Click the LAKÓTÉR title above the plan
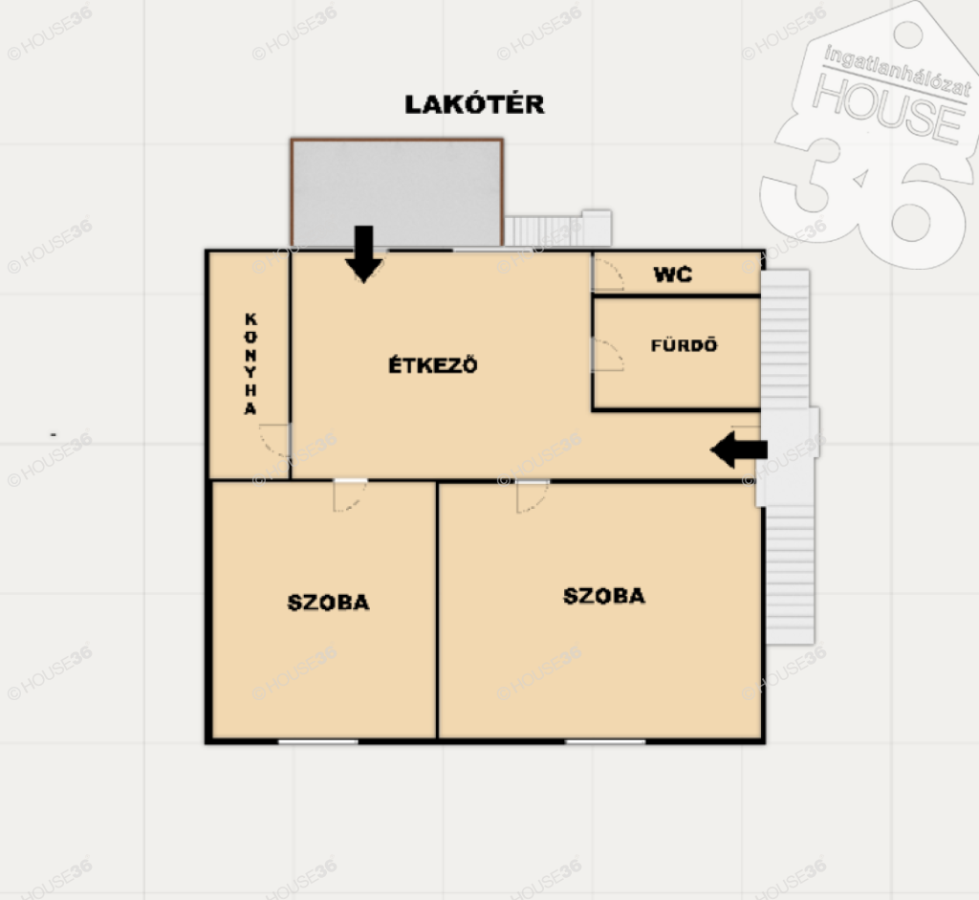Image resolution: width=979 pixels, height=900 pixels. pos(474,103)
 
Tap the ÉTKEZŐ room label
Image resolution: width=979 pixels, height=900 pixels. pos(433,364)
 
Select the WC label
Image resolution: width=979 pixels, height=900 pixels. pos(672,274)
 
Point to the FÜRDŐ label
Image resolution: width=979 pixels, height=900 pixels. pos(684,344)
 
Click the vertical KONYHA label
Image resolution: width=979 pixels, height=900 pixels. pos(250,363)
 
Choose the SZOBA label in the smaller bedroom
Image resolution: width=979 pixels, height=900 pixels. pos(329,603)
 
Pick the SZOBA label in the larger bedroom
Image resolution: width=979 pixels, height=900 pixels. pos(604,596)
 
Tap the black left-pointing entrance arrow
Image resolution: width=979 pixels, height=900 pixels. pos(739,450)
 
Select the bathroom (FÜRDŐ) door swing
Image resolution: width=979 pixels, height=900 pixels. pos(607,355)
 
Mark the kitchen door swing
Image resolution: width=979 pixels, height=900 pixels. pos(274,441)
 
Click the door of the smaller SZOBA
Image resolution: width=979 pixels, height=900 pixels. pos(350,495)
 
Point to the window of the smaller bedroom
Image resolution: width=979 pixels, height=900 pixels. pos(318,741)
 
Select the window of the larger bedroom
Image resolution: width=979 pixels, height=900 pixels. pos(605,741)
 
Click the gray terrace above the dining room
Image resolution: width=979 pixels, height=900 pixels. pos(397,192)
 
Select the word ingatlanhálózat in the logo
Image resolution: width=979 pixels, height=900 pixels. pos(898,71)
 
